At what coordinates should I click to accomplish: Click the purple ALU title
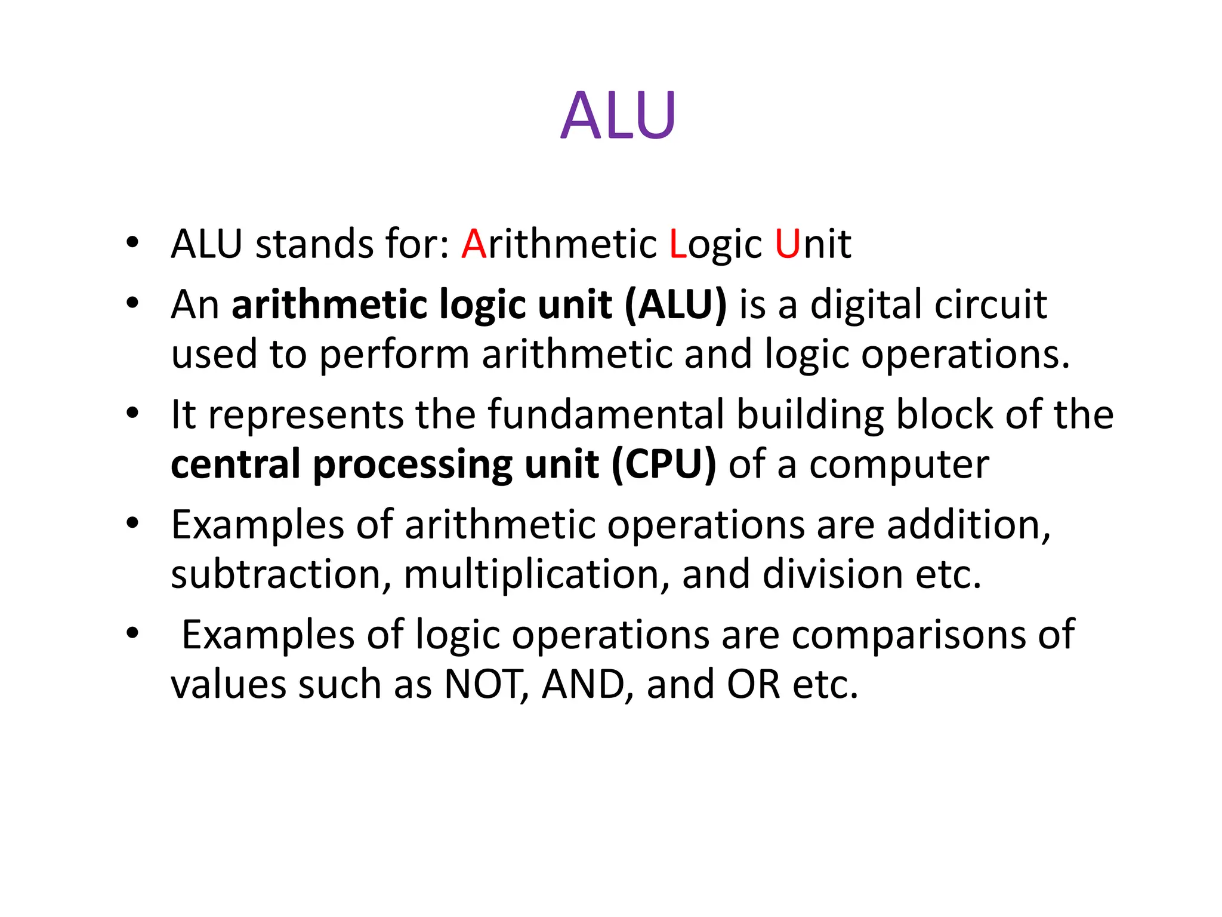pyautogui.click(x=618, y=115)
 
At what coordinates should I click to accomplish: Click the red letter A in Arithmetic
pyautogui.click(x=474, y=244)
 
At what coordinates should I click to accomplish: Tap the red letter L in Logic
pyautogui.click(x=677, y=244)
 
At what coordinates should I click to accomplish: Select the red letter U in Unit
pyautogui.click(x=787, y=244)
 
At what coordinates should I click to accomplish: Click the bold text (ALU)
pyautogui.click(x=675, y=306)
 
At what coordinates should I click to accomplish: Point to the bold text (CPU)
pyautogui.click(x=664, y=465)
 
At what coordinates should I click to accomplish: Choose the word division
pyautogui.click(x=832, y=574)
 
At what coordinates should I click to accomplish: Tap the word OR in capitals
pyautogui.click(x=753, y=684)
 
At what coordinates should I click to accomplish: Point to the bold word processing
pyautogui.click(x=413, y=465)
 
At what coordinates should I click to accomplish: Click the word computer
pyautogui.click(x=899, y=465)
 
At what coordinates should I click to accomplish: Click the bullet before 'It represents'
pyautogui.click(x=132, y=413)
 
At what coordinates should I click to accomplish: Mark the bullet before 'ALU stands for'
pyautogui.click(x=132, y=242)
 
